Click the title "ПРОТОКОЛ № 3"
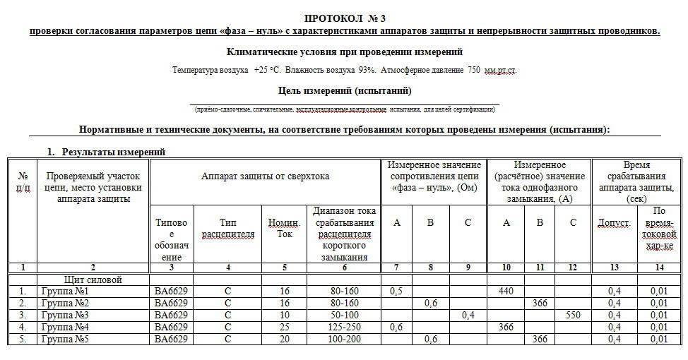click(344, 17)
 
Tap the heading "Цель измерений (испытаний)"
click(345, 91)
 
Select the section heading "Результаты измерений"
click(113, 152)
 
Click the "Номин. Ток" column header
click(284, 229)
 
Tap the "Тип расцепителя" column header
click(227, 229)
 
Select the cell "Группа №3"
click(65, 315)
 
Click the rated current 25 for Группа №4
click(284, 327)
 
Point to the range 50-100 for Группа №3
click(345, 315)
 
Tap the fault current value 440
click(506, 291)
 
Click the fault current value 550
click(573, 315)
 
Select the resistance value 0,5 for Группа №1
click(396, 291)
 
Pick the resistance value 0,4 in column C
click(468, 315)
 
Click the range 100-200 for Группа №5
click(345, 339)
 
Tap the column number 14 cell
click(659, 268)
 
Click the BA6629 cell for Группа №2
click(171, 303)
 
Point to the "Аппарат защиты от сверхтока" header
click(265, 176)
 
